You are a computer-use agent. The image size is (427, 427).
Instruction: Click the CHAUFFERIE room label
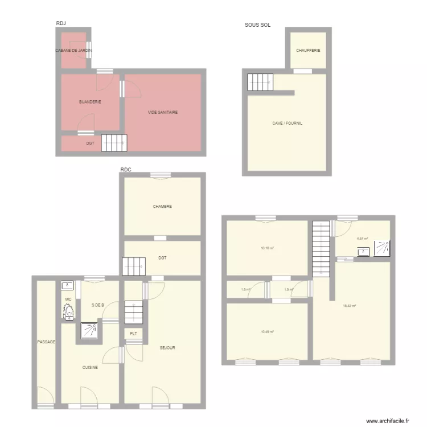308,50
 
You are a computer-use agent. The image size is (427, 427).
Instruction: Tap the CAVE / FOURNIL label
287,123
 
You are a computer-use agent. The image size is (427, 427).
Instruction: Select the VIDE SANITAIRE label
163,112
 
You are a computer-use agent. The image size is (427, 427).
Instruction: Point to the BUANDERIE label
90,102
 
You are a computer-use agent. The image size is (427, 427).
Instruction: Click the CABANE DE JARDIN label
73,51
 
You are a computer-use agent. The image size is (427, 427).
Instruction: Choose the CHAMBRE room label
162,207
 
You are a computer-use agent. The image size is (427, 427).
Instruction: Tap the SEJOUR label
167,348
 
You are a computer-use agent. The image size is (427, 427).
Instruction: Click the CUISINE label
90,367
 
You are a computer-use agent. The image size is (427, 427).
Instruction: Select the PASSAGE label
46,342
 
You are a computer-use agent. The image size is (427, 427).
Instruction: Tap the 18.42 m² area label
350,306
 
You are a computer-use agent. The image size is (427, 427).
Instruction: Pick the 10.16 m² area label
268,248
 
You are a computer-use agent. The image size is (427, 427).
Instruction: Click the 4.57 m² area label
362,239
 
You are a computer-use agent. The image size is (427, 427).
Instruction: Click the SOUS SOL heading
257,25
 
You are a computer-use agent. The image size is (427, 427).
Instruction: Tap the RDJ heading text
61,23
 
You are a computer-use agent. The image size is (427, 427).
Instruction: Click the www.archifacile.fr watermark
387,421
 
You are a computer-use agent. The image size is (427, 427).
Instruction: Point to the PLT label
133,334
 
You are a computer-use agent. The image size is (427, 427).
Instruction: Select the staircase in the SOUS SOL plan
260,83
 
